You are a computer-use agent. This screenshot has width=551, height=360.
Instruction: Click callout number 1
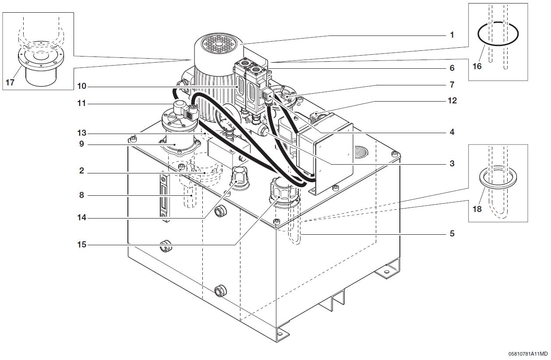tap(452, 35)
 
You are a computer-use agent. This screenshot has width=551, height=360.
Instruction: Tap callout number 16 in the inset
tap(477, 66)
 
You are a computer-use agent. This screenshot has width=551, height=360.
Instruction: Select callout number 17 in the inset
tap(9, 82)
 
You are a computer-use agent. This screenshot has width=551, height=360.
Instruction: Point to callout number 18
tap(477, 209)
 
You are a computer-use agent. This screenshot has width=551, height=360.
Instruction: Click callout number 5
tap(452, 233)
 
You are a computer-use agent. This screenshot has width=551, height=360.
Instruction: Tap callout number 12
tap(452, 101)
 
